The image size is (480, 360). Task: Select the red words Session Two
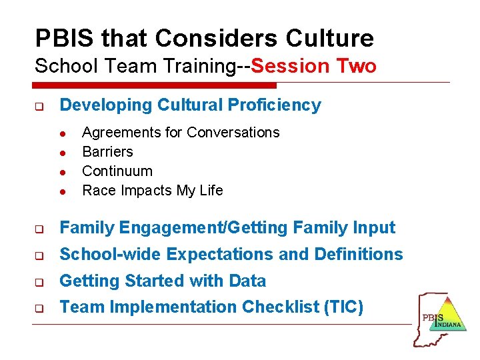coord(314,66)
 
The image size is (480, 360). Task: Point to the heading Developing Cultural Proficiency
coord(190,105)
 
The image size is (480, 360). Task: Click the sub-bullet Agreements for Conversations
coord(181,132)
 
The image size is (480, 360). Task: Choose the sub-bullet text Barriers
coord(107,151)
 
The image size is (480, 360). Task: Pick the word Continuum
coord(117,171)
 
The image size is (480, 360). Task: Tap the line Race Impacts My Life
coord(152,190)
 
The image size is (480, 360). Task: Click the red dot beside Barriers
coord(61,152)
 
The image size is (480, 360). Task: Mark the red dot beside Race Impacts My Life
coord(61,191)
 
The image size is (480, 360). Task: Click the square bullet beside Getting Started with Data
coord(39,282)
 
